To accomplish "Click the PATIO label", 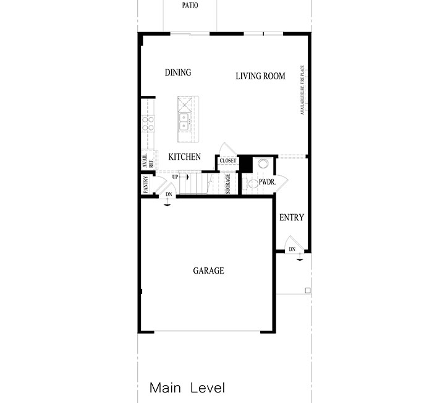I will point(190,6).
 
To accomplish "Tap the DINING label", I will point(178,72).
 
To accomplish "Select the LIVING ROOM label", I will point(260,76).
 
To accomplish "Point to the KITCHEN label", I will point(184,157).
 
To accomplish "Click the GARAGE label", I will point(208,271).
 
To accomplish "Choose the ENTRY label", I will point(291,217).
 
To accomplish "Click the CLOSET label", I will point(228,161).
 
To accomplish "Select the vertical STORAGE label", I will point(228,184).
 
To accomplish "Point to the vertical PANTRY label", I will point(146,184).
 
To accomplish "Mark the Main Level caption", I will point(187,388).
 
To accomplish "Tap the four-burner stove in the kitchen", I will point(148,124).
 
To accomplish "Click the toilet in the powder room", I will point(248,183).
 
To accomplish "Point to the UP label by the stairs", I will point(176,177).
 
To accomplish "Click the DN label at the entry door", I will point(292,249).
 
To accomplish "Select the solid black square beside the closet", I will point(245,163).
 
